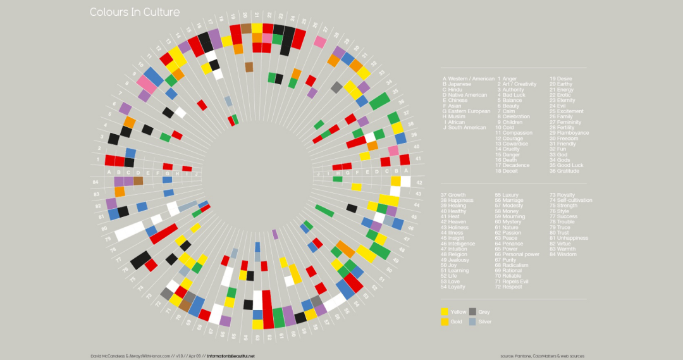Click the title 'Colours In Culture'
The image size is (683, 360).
(x=134, y=12)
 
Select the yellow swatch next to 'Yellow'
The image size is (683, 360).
(x=445, y=312)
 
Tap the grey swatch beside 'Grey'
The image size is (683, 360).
(x=472, y=312)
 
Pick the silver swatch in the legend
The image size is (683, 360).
(x=472, y=322)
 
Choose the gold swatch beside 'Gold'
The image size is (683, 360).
(x=445, y=322)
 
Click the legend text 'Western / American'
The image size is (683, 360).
(x=471, y=79)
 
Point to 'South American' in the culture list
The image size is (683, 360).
(x=468, y=128)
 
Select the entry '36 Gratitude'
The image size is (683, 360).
(x=565, y=171)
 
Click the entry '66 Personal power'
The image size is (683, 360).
(x=517, y=254)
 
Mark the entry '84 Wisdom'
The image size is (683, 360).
(x=563, y=254)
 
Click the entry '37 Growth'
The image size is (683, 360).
(x=453, y=195)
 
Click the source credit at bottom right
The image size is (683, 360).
(x=541, y=356)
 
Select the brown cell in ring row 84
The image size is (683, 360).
(x=138, y=181)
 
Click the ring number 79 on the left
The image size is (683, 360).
(x=108, y=239)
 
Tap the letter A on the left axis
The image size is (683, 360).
(x=109, y=172)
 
